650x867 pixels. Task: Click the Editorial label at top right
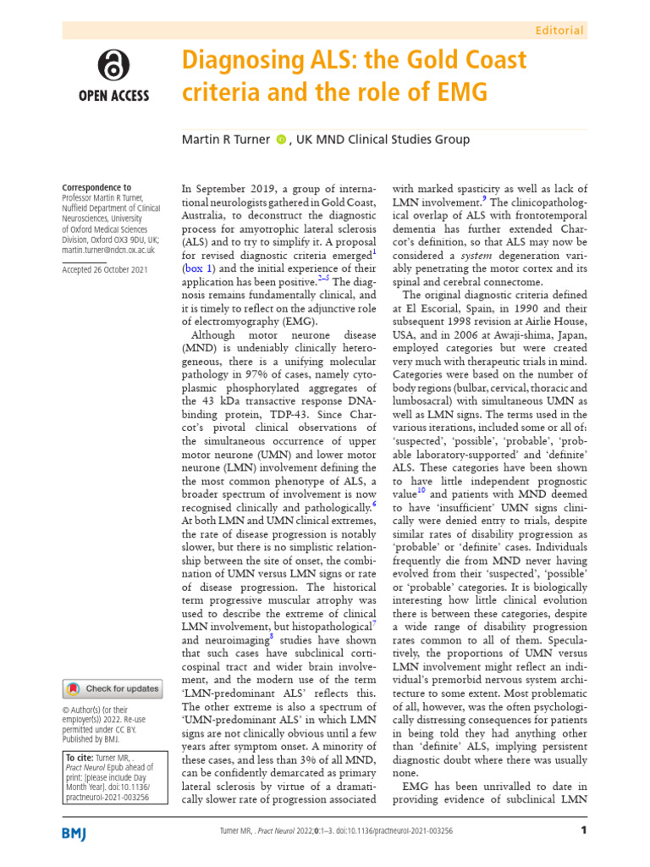pos(560,30)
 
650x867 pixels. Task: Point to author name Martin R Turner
pos(225,140)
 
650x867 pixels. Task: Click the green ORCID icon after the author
pos(281,140)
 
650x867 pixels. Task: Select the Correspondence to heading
pos(97,188)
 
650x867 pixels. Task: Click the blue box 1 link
pos(201,268)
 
